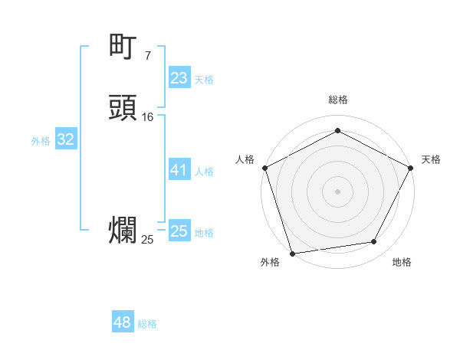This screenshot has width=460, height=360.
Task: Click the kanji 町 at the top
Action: pyautogui.click(x=123, y=47)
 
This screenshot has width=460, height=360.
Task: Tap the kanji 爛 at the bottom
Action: pyautogui.click(x=123, y=231)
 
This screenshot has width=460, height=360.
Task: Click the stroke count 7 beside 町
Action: pyautogui.click(x=147, y=55)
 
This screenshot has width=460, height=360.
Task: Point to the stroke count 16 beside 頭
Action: pyautogui.click(x=148, y=116)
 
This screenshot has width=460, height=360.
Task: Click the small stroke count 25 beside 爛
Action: pyautogui.click(x=147, y=240)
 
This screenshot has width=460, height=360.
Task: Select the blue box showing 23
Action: pyautogui.click(x=179, y=78)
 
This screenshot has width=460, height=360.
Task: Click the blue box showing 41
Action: pyautogui.click(x=179, y=170)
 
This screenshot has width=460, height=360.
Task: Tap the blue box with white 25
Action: pyautogui.click(x=179, y=231)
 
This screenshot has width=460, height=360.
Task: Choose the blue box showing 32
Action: pyautogui.click(x=65, y=139)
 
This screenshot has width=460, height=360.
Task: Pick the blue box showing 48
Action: pyautogui.click(x=123, y=322)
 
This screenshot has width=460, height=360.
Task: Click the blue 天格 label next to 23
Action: pyautogui.click(x=204, y=80)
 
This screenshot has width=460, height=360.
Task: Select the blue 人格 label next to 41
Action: pyautogui.click(x=204, y=172)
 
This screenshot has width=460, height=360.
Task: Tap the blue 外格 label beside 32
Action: pyautogui.click(x=41, y=141)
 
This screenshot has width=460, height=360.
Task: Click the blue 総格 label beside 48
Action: pyautogui.click(x=147, y=324)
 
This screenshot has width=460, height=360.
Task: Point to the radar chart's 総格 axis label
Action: pyautogui.click(x=337, y=100)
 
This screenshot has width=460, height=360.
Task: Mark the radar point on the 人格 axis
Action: pyautogui.click(x=264, y=167)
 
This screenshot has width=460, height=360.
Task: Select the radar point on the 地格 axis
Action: pyautogui.click(x=374, y=242)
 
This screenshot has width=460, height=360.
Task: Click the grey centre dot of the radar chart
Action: pyautogui.click(x=337, y=191)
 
